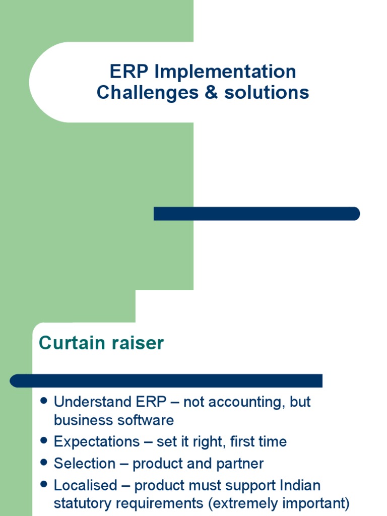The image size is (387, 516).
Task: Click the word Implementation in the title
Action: (x=225, y=72)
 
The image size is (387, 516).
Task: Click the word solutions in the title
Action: (x=266, y=93)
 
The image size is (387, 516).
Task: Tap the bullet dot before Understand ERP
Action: (x=44, y=401)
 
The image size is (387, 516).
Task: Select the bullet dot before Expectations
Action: (x=44, y=441)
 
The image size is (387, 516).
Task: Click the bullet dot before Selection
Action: (x=44, y=463)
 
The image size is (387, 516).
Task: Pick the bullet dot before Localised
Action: (x=44, y=485)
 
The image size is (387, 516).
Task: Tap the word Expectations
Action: (x=97, y=442)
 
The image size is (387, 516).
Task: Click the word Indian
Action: (x=298, y=486)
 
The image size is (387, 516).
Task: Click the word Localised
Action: (x=85, y=486)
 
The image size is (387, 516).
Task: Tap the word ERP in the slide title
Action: (x=130, y=72)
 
